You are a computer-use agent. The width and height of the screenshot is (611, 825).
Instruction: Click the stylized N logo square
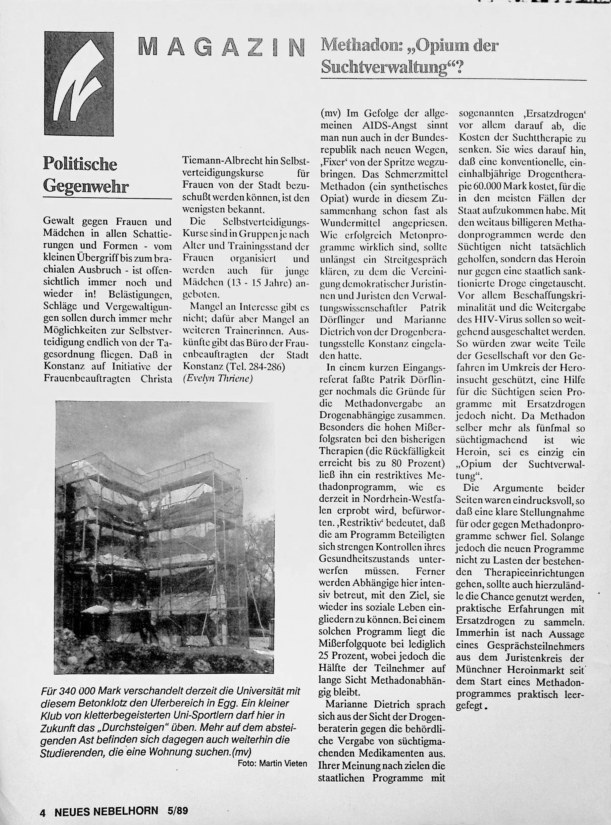[79, 84]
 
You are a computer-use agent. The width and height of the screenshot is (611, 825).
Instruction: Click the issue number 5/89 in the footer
[178, 811]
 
